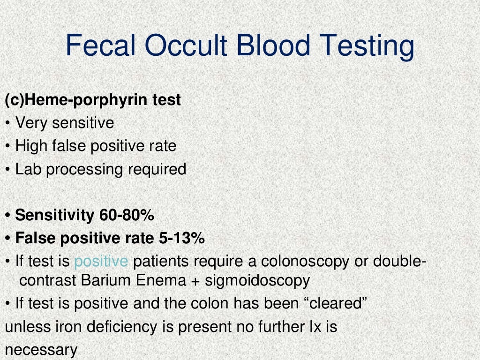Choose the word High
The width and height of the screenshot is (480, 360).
tap(31, 146)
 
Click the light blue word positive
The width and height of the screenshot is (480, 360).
tap(101, 262)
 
